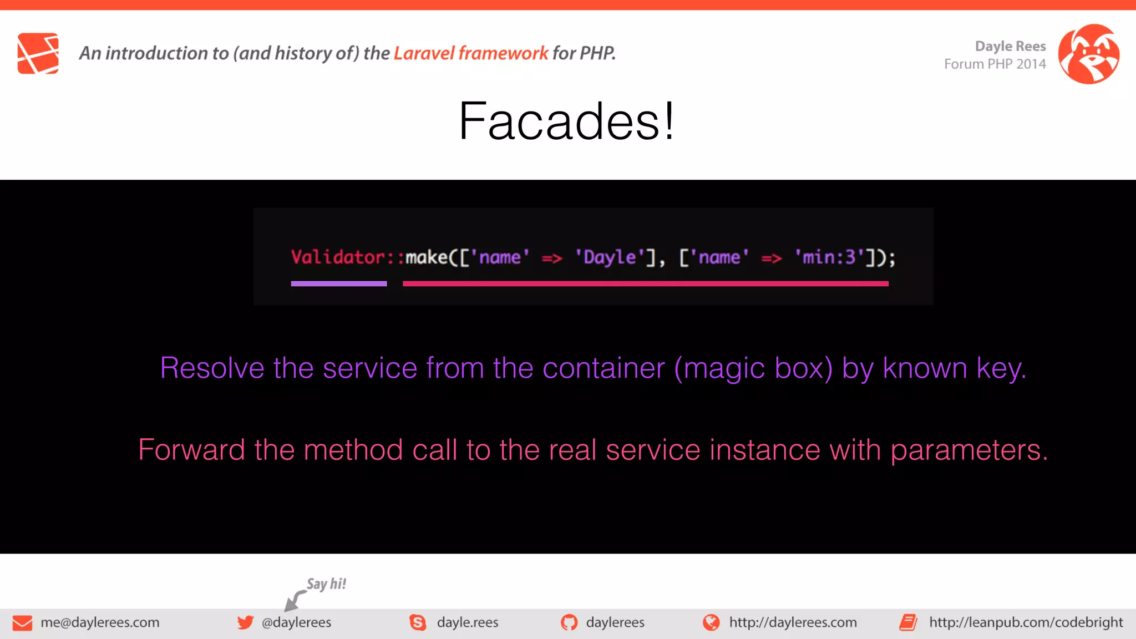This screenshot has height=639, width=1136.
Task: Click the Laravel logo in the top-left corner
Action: click(38, 53)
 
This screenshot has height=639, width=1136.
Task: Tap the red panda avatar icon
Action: click(1088, 54)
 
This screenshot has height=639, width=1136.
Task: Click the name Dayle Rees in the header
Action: click(1010, 46)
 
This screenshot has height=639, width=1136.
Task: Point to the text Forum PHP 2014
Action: click(995, 64)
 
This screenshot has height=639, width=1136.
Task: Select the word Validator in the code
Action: click(338, 257)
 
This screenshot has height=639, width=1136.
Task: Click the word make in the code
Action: click(427, 257)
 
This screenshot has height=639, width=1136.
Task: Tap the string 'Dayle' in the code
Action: click(610, 257)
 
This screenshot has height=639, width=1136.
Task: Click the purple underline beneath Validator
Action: click(338, 283)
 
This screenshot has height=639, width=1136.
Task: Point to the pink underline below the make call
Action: click(645, 283)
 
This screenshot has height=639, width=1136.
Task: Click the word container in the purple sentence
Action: click(603, 368)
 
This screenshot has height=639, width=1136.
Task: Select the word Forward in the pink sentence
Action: click(191, 450)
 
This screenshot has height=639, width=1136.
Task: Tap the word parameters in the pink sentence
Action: click(968, 450)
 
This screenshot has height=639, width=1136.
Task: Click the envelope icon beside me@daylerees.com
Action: click(22, 623)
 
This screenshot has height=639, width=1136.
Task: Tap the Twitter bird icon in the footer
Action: click(245, 622)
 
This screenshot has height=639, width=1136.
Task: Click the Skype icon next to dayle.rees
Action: click(418, 622)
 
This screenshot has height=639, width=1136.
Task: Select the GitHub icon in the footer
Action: click(569, 622)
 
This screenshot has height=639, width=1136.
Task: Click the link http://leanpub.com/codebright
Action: click(1026, 622)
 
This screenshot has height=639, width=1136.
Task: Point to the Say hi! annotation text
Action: click(326, 584)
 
